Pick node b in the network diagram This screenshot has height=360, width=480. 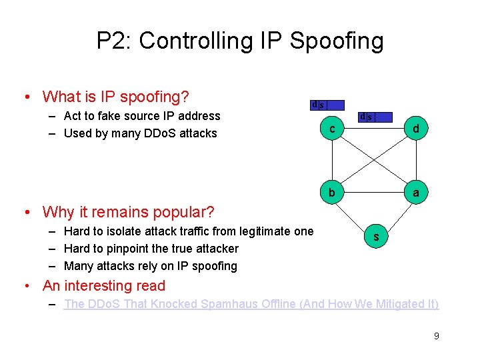pyautogui.click(x=332, y=193)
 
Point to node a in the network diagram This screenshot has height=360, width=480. pyautogui.click(x=415, y=193)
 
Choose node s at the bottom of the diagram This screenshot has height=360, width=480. pyautogui.click(x=376, y=237)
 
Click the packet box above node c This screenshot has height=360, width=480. pyautogui.click(x=327, y=105)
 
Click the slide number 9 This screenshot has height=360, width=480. pyautogui.click(x=436, y=336)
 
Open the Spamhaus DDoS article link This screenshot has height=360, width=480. pyautogui.click(x=251, y=304)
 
